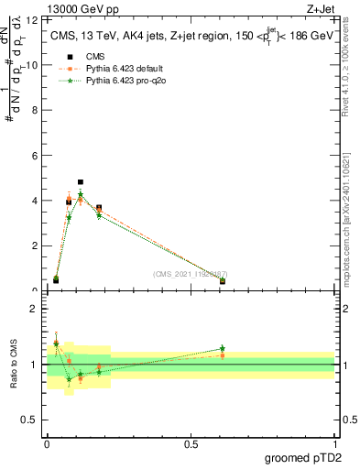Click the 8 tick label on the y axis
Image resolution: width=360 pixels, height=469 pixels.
[33, 110]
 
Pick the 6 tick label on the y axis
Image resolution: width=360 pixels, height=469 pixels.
[33, 155]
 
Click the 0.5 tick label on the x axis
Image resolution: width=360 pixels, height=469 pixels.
[191, 444]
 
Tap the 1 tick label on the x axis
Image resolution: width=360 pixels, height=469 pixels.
[335, 444]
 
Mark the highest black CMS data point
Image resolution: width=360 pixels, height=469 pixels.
[81, 182]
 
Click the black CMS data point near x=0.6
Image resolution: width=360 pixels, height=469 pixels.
[223, 281]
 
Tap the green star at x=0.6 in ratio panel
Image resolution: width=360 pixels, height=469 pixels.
[223, 348]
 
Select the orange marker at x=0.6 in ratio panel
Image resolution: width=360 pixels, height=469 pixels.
[223, 355]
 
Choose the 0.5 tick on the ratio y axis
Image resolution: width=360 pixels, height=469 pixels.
[33, 421]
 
